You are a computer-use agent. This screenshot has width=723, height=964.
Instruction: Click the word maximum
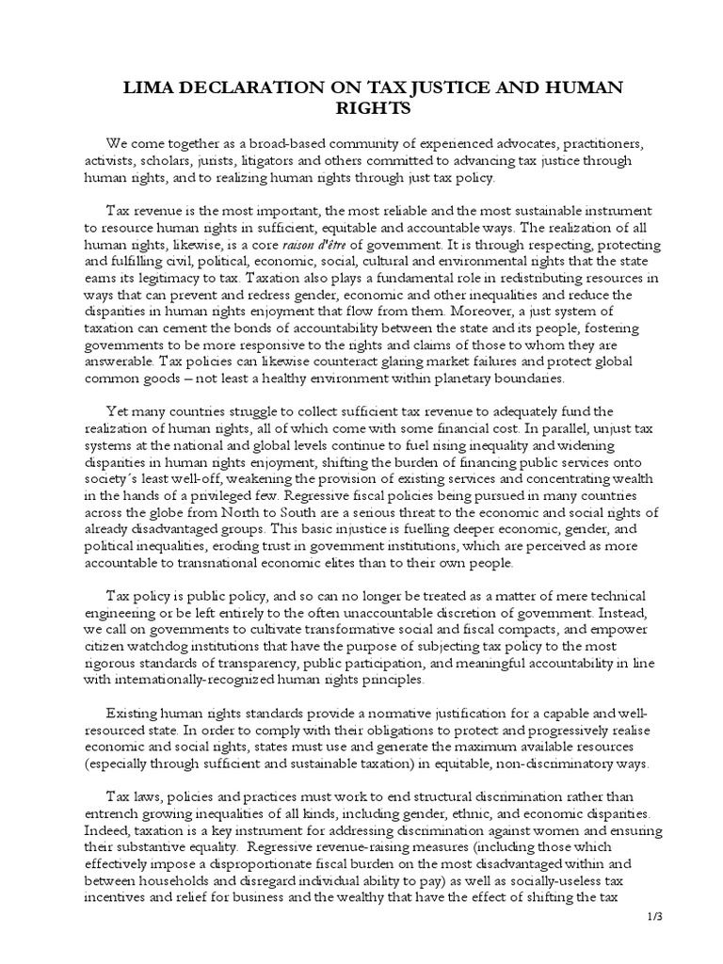(452, 748)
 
